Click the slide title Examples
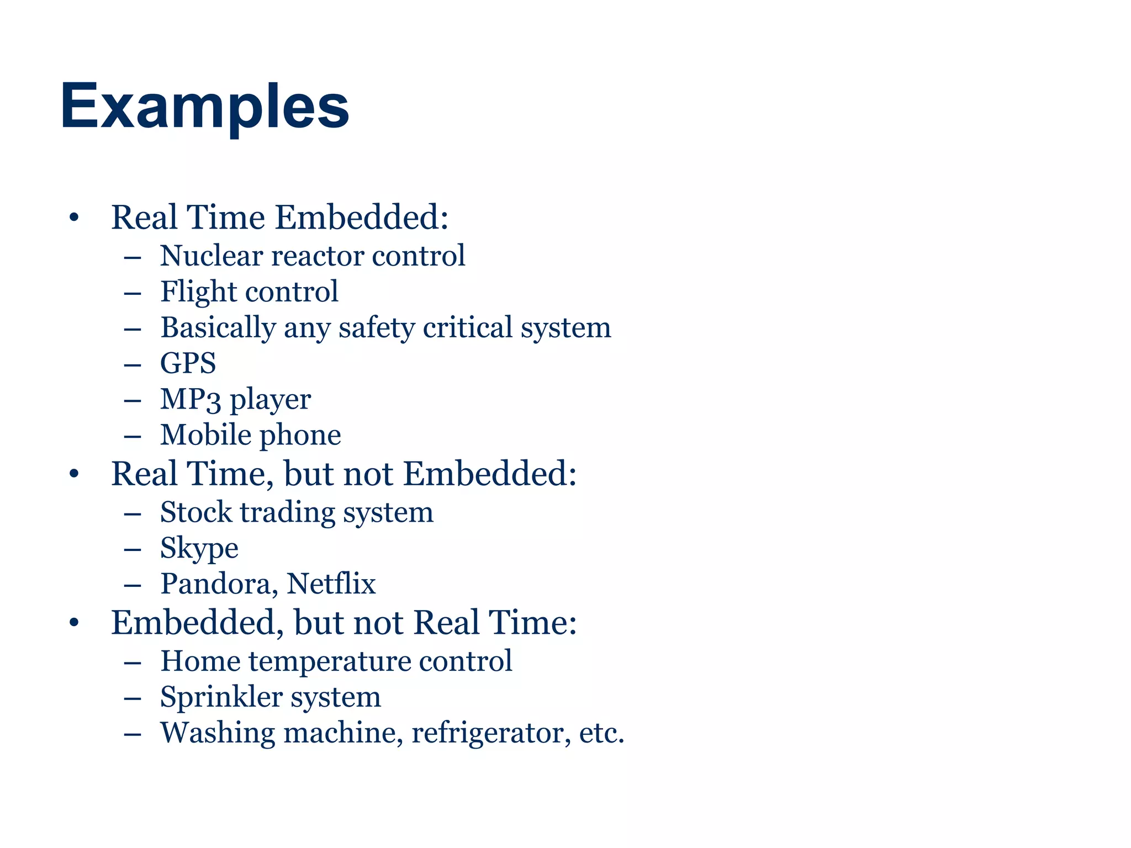pyautogui.click(x=205, y=106)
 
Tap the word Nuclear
pyautogui.click(x=212, y=256)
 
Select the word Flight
pyautogui.click(x=199, y=292)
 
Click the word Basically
pyautogui.click(x=218, y=328)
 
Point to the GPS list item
pyautogui.click(x=188, y=363)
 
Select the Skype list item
pyautogui.click(x=199, y=548)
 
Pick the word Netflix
pyautogui.click(x=331, y=584)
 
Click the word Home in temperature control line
pyautogui.click(x=200, y=661)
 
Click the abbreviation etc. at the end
pyautogui.click(x=601, y=733)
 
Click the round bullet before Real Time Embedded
pyautogui.click(x=74, y=218)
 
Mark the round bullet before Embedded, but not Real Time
pyautogui.click(x=74, y=623)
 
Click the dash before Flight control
pyautogui.click(x=133, y=293)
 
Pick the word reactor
pyautogui.click(x=317, y=256)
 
